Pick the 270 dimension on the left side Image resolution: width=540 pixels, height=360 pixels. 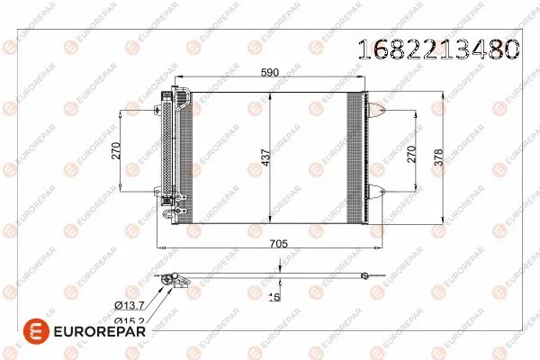pos(116,150)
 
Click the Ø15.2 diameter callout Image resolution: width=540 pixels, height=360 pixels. pos(128,319)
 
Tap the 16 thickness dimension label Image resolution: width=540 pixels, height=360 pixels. pos(275,295)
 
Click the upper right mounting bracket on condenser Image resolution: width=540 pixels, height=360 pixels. pos(378,112)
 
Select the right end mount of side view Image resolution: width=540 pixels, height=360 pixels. pos(364,275)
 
